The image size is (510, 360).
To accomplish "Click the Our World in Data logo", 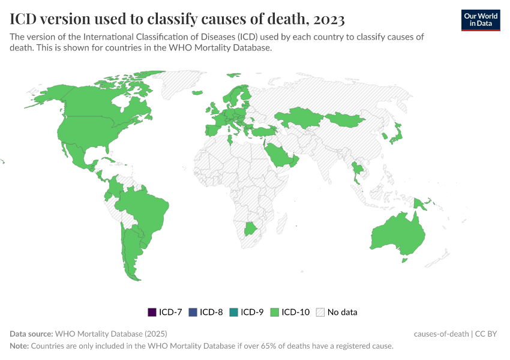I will (480, 20).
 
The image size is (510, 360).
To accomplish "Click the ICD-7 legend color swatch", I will (152, 312).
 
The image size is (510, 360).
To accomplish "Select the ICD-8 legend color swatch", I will (193, 312).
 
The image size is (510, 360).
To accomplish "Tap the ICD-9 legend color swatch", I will (233, 312).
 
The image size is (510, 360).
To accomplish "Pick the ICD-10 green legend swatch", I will (274, 312).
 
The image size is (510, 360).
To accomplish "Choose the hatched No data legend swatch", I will (320, 312).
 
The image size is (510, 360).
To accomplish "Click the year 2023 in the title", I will (328, 19).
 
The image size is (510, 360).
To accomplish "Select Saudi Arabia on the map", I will (279, 156).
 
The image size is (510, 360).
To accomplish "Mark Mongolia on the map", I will (345, 119).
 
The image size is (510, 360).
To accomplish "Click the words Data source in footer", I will (31, 334).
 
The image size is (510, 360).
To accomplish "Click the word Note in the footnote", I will (19, 346).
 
